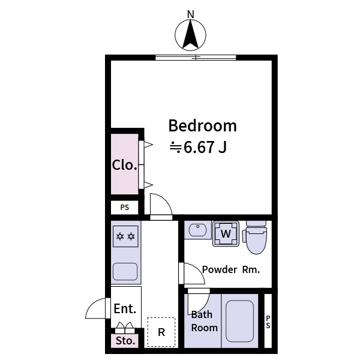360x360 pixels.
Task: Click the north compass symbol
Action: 191,34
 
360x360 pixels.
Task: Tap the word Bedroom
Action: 202,126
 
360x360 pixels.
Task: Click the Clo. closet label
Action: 125,165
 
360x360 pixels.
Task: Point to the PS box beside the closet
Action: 125,208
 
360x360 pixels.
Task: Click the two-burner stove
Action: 125,235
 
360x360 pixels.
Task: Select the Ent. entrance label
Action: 125,308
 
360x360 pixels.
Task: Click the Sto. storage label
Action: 125,341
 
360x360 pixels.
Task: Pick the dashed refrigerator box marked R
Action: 161,332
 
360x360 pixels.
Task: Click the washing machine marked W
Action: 226,233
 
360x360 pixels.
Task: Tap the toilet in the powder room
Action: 256,236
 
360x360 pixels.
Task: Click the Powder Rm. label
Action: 230,269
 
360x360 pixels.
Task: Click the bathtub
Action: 239,321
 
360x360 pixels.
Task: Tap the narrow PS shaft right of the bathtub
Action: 268,321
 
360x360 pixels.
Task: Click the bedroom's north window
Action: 196,58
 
